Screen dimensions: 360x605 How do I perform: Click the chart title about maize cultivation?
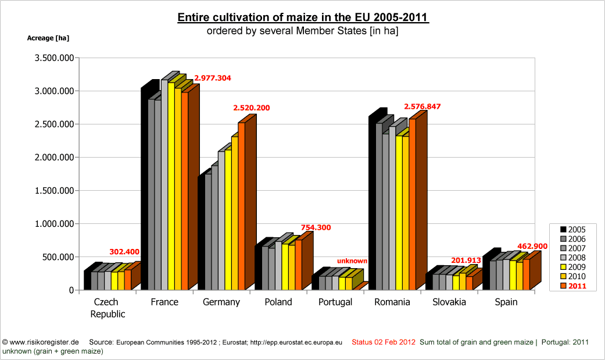point(303,17)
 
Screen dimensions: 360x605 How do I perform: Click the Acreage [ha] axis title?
point(48,38)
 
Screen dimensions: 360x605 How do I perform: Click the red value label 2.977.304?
point(213,78)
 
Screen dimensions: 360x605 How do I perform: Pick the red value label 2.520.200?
point(252,108)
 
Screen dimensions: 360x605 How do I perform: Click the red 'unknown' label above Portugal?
point(352,261)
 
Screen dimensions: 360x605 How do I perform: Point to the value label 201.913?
point(467,260)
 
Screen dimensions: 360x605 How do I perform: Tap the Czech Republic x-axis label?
point(106,308)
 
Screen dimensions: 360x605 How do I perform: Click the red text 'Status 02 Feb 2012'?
point(383,342)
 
